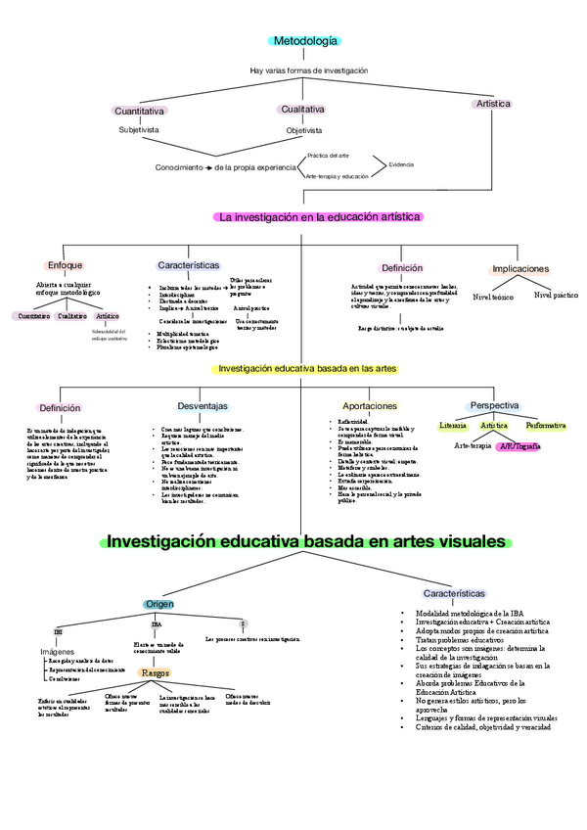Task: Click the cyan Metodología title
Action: [305, 41]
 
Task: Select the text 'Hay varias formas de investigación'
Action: [308, 70]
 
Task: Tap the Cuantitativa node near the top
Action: [139, 112]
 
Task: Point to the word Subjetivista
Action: [138, 129]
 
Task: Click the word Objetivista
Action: [303, 129]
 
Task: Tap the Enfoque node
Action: [66, 265]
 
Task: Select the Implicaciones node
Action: [520, 269]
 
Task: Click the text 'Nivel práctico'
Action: [555, 295]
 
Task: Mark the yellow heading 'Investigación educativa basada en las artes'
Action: [306, 369]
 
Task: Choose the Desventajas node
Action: [203, 406]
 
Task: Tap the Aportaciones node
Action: [369, 405]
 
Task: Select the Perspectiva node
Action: [494, 405]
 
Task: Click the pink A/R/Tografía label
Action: [519, 445]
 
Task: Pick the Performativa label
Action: [545, 426]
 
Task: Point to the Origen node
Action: [159, 604]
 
